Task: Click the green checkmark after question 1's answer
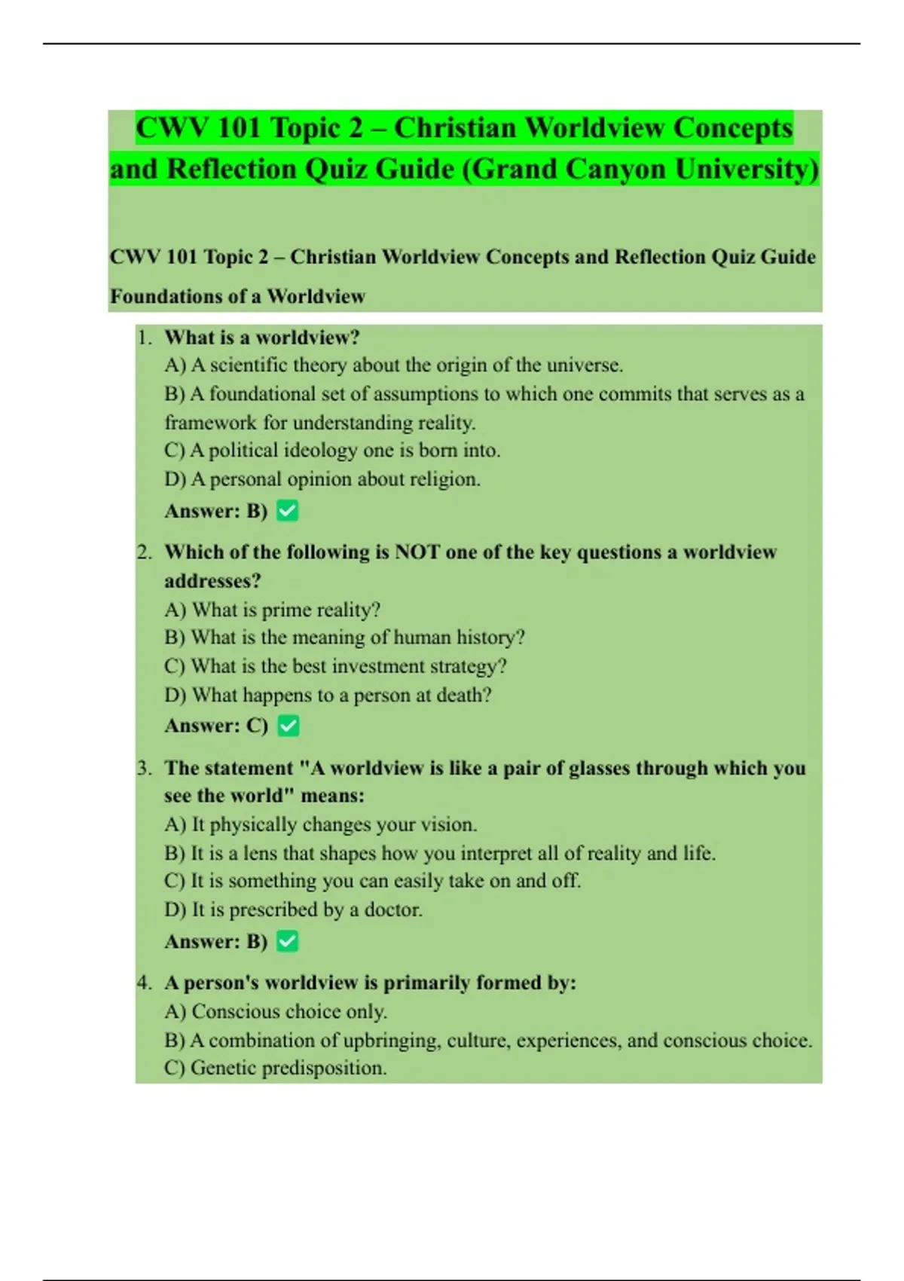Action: [287, 511]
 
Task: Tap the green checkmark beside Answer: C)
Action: [288, 726]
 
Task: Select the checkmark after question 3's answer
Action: [287, 941]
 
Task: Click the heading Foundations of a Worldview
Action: [237, 296]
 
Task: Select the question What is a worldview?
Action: [262, 337]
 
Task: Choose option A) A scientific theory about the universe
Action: [393, 365]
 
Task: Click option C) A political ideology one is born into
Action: [332, 451]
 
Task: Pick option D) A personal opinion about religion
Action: [322, 479]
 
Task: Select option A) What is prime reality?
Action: [273, 610]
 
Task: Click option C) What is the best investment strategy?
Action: [335, 666]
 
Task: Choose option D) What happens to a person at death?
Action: [328, 695]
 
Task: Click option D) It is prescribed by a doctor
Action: [293, 910]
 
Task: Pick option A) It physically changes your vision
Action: [321, 824]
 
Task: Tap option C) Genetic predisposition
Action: [275, 1068]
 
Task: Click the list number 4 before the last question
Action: [144, 983]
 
